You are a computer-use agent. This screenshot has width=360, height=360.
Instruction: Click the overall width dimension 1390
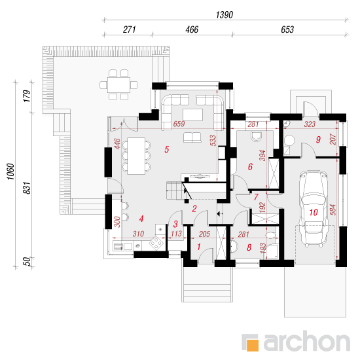coord(225,15)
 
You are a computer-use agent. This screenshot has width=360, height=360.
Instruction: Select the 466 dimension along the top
coord(192,29)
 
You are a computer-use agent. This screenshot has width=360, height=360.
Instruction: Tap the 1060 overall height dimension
coord(10,171)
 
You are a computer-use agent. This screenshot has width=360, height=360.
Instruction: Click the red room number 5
coord(167,149)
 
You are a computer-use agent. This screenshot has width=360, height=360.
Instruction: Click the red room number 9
coord(318,139)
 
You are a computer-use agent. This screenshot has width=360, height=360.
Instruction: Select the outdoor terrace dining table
coord(118,84)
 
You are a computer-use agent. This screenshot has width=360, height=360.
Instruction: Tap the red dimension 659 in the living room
coord(179,124)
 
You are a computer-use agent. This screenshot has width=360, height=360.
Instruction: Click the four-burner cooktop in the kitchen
coord(156,243)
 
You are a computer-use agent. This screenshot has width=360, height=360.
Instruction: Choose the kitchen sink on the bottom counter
coord(123,246)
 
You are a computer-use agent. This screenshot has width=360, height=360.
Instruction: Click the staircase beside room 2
coord(176,190)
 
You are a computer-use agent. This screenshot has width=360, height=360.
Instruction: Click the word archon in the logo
coord(307,341)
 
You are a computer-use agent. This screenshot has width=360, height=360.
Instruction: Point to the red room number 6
coord(250,167)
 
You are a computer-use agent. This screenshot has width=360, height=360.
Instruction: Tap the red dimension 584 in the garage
coord(333,209)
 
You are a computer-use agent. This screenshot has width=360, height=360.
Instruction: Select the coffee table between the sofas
coord(193,115)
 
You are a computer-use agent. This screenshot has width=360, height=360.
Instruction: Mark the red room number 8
coord(249,247)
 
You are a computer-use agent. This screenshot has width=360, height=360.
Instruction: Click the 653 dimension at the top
coord(287,29)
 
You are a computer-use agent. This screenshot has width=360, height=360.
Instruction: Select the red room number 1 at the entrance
coord(199,247)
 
